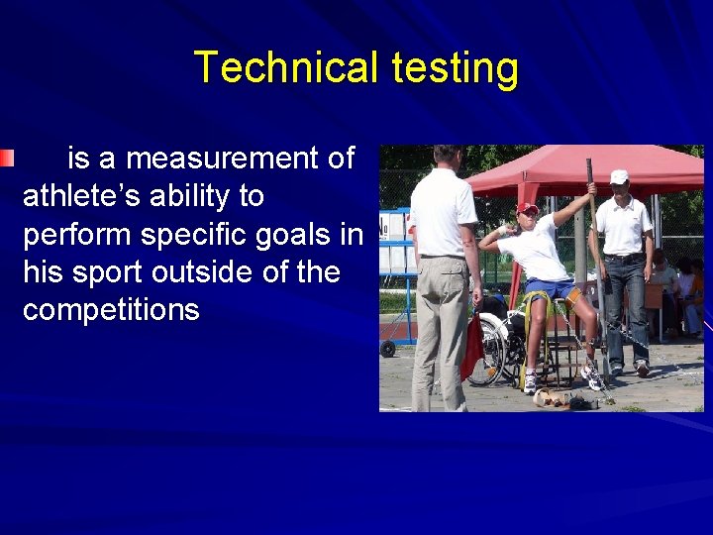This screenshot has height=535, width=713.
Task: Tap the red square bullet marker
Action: [7, 158]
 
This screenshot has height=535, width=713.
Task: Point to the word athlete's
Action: [85, 196]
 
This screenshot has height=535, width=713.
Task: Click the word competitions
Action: [111, 309]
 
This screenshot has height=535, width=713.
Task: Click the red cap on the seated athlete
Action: [527, 208]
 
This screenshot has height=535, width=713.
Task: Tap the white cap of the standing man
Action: [619, 176]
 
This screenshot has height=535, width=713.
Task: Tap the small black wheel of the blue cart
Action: [387, 349]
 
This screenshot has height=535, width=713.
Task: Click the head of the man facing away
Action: [447, 158]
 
